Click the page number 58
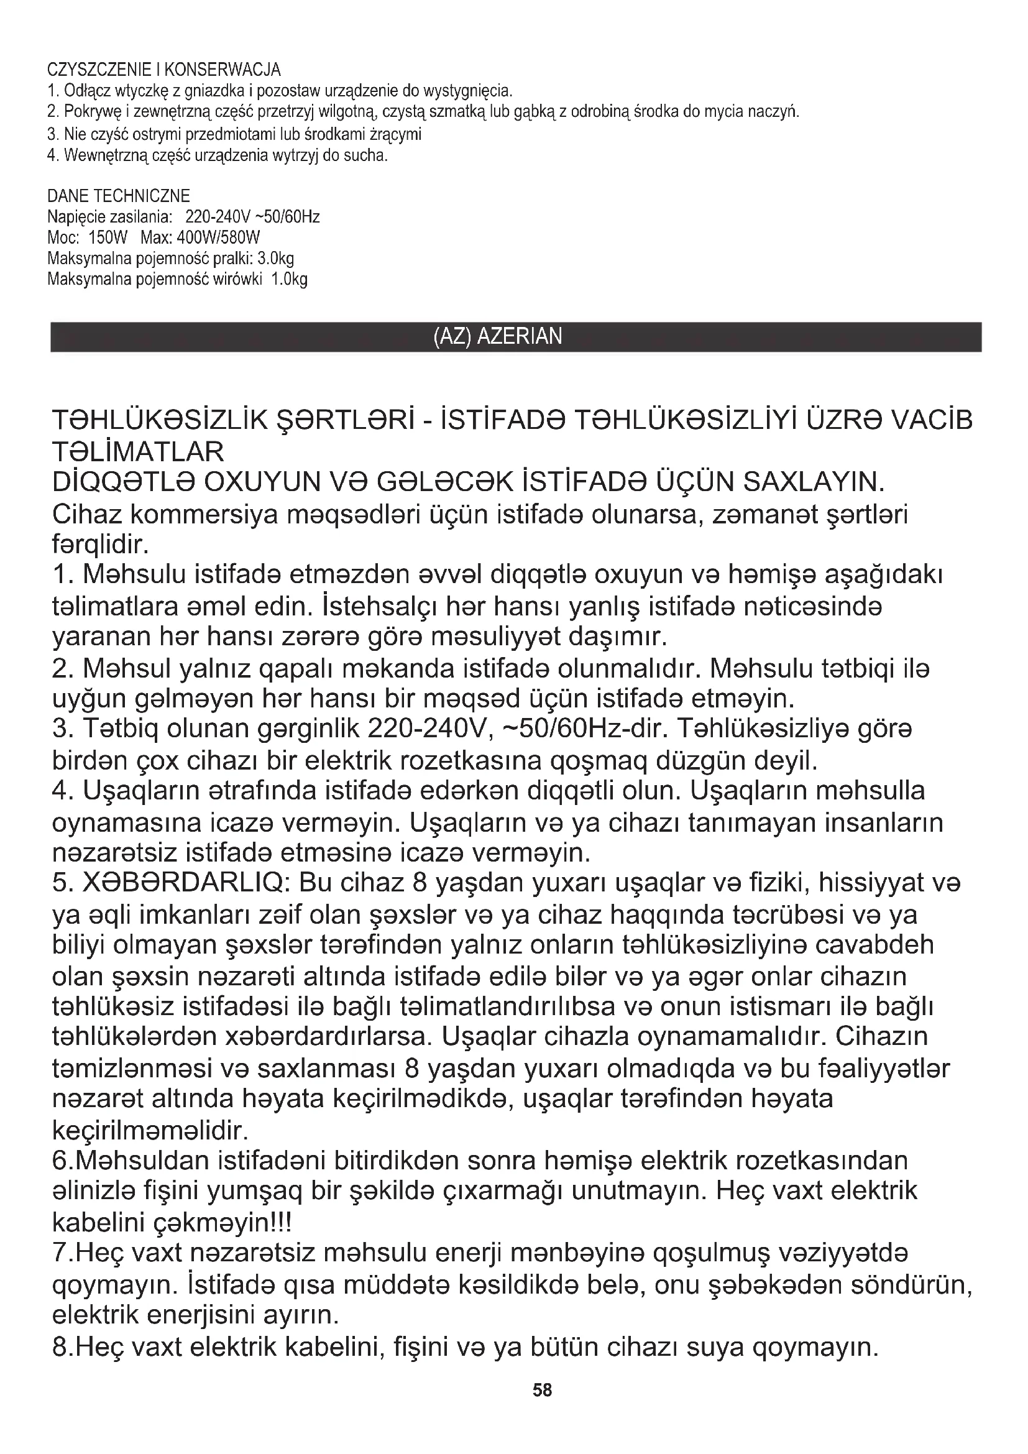(x=543, y=1390)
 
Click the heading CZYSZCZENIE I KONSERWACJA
(x=164, y=69)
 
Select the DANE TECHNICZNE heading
(x=118, y=196)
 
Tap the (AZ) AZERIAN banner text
(x=498, y=336)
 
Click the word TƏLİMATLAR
(x=138, y=452)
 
